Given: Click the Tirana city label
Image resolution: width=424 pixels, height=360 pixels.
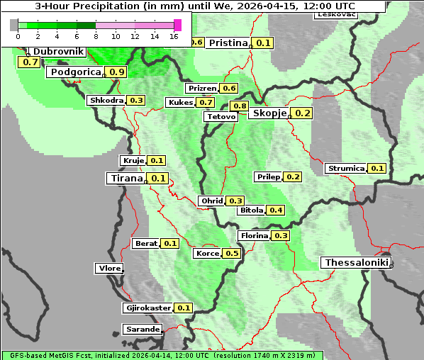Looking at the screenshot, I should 126,179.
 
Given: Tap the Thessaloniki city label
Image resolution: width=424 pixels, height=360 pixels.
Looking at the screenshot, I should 356,263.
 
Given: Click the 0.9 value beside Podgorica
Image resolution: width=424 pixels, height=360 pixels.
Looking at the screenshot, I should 117,72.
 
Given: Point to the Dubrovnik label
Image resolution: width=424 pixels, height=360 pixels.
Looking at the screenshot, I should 59,52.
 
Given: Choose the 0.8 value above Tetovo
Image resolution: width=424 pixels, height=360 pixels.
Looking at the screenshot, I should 240,106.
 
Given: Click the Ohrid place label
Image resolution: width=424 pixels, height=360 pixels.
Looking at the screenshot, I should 211,201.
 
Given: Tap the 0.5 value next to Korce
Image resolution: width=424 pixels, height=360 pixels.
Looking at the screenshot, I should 232,254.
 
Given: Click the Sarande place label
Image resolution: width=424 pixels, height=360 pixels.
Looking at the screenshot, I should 142,330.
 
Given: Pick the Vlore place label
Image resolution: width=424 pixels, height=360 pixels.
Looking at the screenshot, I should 108,269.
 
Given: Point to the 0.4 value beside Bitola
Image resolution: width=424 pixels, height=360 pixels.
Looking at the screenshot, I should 276,210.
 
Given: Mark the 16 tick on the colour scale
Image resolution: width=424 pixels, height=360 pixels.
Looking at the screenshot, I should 173,36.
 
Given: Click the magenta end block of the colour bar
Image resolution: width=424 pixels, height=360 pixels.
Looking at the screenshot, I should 177,25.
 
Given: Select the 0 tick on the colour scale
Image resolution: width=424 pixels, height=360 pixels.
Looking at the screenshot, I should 18,36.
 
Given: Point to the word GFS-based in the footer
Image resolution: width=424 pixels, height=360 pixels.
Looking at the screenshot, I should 25,356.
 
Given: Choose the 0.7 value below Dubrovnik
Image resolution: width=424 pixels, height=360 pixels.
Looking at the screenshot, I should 30,62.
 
